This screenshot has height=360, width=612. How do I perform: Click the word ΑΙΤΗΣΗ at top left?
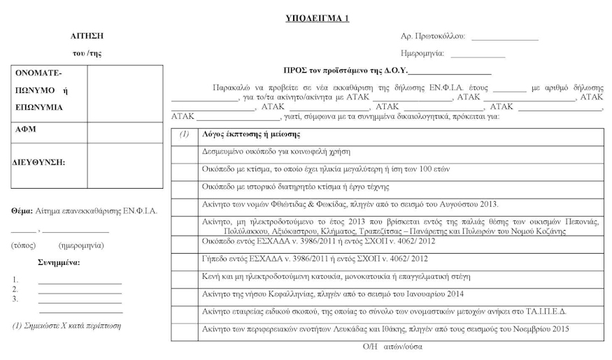point(87,34)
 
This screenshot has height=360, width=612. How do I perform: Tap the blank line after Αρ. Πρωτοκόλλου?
point(505,38)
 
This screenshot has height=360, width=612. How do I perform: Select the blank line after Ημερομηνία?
point(478,55)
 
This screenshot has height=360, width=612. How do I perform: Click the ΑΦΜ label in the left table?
point(24,131)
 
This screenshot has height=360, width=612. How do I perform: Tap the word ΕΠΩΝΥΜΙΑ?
point(39,108)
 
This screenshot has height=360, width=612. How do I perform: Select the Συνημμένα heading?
point(58,263)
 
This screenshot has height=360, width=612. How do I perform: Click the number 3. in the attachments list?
point(15,299)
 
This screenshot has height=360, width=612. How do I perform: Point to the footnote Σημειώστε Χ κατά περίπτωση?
point(67,326)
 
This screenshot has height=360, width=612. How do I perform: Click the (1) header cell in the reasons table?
point(185,134)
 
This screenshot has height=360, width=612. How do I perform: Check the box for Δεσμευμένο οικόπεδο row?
point(185,151)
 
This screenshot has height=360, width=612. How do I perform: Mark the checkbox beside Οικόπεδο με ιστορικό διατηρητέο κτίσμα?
point(185,187)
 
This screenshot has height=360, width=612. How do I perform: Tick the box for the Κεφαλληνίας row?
point(185,294)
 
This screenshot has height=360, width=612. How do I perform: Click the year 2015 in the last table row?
point(558,329)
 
